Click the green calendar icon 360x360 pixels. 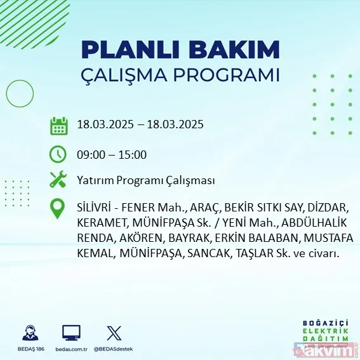pos(58,125)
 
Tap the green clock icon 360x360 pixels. pos(58,154)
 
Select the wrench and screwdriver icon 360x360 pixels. pos(58,180)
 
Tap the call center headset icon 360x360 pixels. pos(29,333)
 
